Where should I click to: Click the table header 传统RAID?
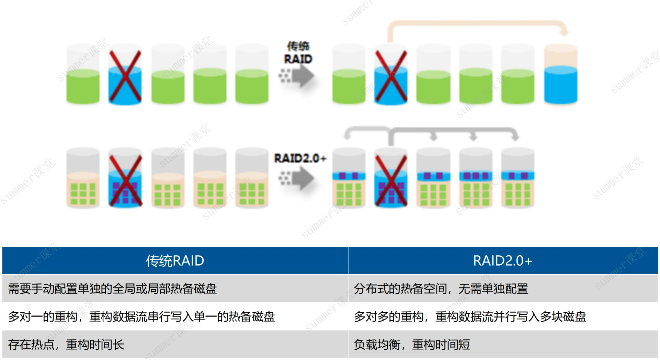(x=175, y=261)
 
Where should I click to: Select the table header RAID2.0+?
(x=502, y=261)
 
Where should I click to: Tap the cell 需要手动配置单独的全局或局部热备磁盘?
(x=112, y=289)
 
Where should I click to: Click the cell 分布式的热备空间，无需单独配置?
(x=441, y=289)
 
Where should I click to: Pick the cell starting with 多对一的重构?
(x=141, y=316)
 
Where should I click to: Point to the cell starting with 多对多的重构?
(x=470, y=316)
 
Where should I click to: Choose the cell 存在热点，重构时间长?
(x=66, y=344)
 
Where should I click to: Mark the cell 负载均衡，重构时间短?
(x=412, y=344)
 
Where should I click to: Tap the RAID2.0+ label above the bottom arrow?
(x=300, y=158)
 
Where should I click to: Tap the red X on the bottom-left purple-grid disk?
(x=125, y=181)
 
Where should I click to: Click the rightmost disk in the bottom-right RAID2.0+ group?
(x=517, y=180)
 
